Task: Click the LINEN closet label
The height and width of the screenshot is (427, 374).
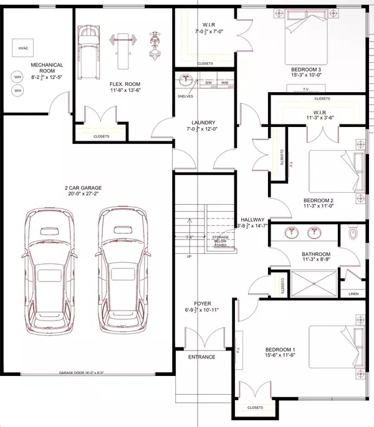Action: (x=353, y=294)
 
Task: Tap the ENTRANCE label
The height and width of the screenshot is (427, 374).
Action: (x=202, y=357)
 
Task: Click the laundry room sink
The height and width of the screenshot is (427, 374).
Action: (x=185, y=80)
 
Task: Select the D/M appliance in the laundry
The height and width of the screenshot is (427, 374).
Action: (x=209, y=82)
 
